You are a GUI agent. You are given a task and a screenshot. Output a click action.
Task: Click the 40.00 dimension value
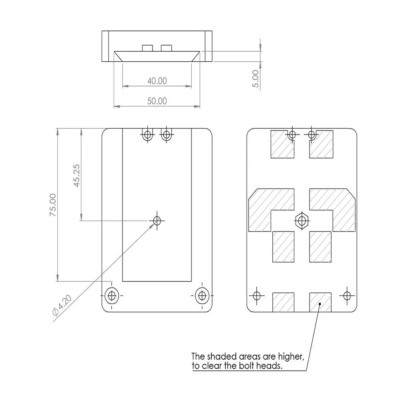click(157, 81)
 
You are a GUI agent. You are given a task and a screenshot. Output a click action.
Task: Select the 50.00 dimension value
click(157, 101)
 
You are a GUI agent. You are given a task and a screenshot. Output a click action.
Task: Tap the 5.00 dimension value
click(255, 79)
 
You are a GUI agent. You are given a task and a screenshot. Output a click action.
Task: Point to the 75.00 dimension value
click(53, 205)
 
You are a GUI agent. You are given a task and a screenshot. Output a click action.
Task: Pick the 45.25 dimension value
click(76, 175)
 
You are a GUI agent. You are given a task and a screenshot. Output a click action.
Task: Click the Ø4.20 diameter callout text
click(62, 305)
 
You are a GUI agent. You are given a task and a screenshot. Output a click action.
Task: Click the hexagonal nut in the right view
click(302, 221)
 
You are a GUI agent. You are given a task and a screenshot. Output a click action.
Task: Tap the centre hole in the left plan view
click(157, 221)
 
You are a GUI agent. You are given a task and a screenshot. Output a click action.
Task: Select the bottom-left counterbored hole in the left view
click(112, 296)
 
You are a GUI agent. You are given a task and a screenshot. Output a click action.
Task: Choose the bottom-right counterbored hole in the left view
click(202, 296)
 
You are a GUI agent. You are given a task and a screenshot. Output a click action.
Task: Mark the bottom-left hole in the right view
click(257, 296)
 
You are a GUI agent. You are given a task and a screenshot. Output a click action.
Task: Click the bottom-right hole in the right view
click(347, 296)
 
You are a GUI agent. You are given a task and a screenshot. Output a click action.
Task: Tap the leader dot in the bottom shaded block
click(320, 304)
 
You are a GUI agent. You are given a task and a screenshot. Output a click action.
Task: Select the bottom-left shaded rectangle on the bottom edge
click(283, 302)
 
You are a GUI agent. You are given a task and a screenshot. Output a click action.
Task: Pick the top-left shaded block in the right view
click(282, 144)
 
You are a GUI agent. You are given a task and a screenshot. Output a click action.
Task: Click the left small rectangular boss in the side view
click(147, 48)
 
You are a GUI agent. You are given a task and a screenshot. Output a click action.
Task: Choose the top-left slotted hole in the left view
click(147, 135)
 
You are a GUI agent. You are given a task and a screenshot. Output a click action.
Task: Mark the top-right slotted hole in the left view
click(166, 135)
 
